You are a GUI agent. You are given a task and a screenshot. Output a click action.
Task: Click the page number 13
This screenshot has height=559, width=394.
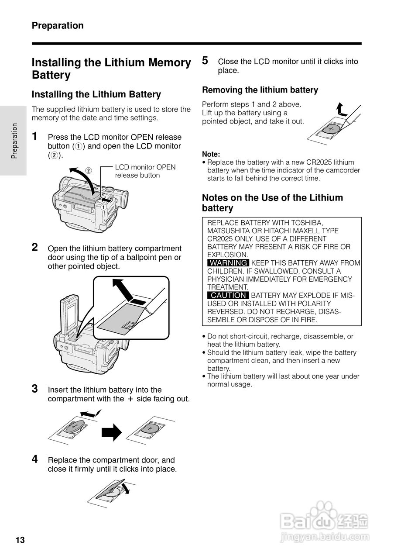pyautogui.click(x=21, y=540)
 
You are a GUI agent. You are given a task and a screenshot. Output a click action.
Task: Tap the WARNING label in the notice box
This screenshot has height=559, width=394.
pyautogui.click(x=228, y=263)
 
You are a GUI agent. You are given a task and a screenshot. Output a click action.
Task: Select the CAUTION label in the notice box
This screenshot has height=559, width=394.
pyautogui.click(x=228, y=295)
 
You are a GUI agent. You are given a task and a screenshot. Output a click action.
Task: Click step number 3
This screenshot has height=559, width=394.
pyautogui.click(x=35, y=388)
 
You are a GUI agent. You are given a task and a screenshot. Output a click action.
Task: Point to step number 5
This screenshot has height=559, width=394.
pyautogui.click(x=205, y=61)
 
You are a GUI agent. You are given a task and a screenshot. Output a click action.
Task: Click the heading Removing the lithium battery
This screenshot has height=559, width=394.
pyautogui.click(x=260, y=90)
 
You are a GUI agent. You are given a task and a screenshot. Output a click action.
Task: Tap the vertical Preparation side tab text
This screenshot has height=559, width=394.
pyautogui.click(x=14, y=141)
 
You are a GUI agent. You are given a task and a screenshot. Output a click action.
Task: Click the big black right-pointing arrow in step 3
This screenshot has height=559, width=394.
pyautogui.click(x=111, y=432)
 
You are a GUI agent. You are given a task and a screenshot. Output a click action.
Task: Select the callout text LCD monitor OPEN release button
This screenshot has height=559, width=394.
pyautogui.click(x=145, y=171)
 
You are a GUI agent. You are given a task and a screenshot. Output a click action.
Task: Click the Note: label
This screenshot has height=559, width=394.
pyautogui.click(x=211, y=154)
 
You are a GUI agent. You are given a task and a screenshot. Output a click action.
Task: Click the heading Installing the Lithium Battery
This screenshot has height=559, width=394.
pyautogui.click(x=96, y=94)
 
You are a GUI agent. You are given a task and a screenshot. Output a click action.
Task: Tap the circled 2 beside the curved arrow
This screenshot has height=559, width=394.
pyautogui.click(x=88, y=170)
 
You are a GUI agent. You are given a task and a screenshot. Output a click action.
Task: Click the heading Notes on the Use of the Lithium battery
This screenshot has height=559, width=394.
pyautogui.click(x=272, y=203)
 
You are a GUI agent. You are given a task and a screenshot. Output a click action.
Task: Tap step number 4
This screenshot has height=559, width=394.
pyautogui.click(x=35, y=459)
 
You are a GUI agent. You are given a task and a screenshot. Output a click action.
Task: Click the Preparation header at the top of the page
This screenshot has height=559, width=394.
pyautogui.click(x=58, y=26)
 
